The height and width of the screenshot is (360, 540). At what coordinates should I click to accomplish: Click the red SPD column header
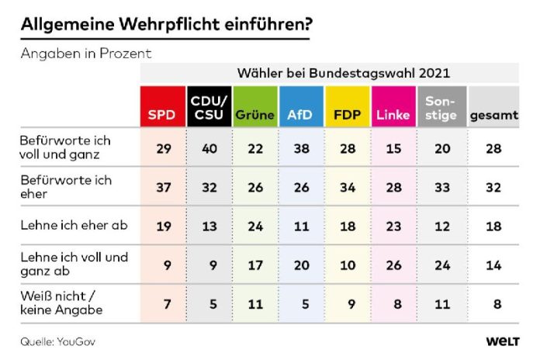coord(161,107)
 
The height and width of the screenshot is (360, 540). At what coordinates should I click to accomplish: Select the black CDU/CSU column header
coord(208,107)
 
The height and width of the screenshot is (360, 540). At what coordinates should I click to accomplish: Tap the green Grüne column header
coord(254,107)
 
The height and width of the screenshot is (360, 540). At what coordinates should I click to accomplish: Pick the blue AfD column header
coord(301,107)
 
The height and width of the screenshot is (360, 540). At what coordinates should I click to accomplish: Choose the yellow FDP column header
coord(348,107)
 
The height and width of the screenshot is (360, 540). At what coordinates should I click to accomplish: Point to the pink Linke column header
coord(393,107)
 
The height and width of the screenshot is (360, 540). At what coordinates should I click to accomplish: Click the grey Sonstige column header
coord(441,107)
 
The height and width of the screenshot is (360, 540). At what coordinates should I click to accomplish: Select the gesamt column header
coord(493,107)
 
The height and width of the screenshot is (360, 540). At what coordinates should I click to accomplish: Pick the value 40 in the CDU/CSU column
coord(208,147)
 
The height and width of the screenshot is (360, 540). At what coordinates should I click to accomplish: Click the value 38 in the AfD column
coord(301,147)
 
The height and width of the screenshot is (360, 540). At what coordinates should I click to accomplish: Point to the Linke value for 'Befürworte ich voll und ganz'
coord(393,147)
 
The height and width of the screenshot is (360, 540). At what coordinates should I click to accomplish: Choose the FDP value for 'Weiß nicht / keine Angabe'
coord(348,303)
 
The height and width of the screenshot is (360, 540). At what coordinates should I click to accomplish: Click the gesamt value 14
coord(493,265)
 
